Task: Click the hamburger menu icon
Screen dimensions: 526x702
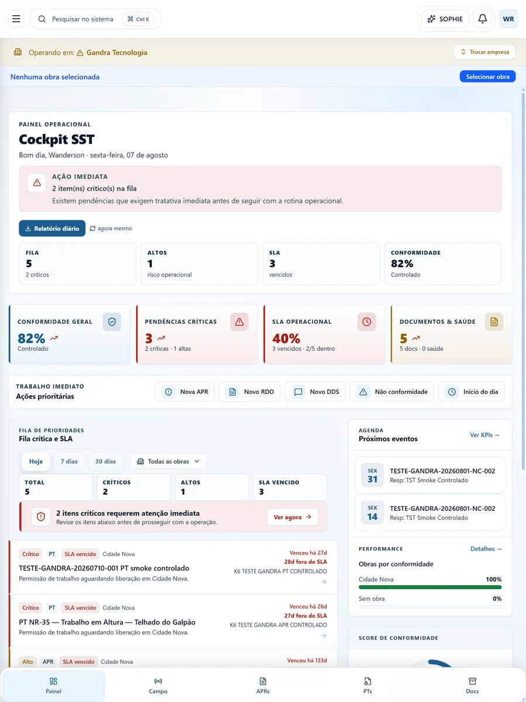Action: pos(16,19)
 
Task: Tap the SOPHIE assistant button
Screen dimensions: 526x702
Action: pos(445,19)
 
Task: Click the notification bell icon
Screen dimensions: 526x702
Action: pos(482,19)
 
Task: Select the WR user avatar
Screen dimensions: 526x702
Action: pos(508,19)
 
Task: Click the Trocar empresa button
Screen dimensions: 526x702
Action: pos(484,52)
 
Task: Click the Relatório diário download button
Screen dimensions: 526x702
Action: pos(52,229)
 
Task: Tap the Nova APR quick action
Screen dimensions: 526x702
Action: pos(185,392)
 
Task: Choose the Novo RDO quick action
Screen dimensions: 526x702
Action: pos(250,392)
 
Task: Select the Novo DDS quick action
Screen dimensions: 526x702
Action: pos(315,392)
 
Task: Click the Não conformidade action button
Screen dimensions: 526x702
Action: pos(392,392)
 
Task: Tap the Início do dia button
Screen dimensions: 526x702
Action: pos(471,392)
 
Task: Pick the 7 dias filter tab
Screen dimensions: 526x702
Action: pos(69,461)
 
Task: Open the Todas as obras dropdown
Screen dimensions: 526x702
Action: pos(168,461)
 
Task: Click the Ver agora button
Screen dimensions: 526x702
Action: pos(292,517)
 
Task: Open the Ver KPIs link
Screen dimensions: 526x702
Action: pos(485,435)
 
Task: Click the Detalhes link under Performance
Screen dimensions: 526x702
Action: pos(486,549)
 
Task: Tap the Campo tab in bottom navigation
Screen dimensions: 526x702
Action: pos(158,686)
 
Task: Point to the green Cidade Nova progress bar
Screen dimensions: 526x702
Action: pos(430,587)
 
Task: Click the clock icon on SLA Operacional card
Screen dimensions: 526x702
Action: pos(366,321)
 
